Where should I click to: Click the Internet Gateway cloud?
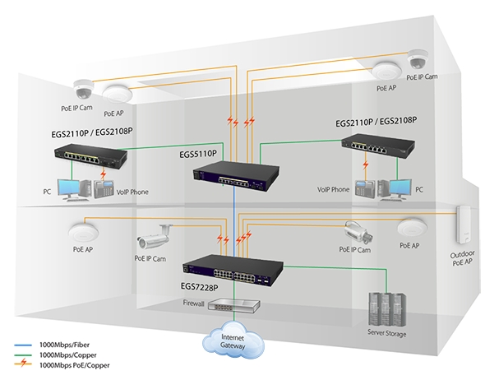(x=233, y=340)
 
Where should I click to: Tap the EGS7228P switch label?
(x=199, y=288)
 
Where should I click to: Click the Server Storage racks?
(x=387, y=309)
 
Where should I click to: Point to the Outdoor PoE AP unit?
(x=464, y=224)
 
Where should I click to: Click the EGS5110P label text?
(x=198, y=154)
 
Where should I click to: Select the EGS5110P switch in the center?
(x=236, y=175)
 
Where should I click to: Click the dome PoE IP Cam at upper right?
(x=418, y=59)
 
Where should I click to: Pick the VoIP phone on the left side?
(x=104, y=189)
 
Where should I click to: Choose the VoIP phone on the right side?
(x=365, y=188)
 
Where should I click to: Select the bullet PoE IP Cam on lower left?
(x=154, y=237)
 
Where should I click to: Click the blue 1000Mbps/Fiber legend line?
(x=23, y=345)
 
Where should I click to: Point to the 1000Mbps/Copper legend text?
(x=67, y=355)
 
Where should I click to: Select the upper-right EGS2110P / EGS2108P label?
(x=376, y=122)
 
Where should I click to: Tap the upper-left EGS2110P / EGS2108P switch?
(x=90, y=155)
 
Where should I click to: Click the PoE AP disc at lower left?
(x=83, y=233)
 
